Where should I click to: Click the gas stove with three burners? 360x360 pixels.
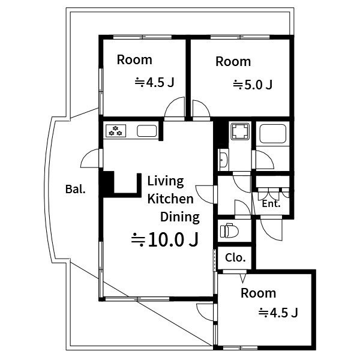coord(116,131)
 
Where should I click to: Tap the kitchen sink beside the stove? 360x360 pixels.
coord(147,131)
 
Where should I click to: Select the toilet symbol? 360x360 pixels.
coord(229,230)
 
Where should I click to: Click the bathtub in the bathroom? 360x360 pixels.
coord(273,134)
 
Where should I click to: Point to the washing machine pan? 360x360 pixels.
coord(240,131)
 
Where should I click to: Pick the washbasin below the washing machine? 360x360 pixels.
coord(223,160)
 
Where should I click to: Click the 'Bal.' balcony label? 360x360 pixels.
coord(76,189)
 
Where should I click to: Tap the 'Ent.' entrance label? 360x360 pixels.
coord(271,203)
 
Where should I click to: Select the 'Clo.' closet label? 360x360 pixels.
coord(235,257)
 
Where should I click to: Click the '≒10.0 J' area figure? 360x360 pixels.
coord(164,239)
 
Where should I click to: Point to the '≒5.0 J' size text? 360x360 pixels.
coord(253,85)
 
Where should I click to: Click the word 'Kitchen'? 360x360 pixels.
coord(170,199)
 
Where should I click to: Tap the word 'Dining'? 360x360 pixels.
coord(180,217)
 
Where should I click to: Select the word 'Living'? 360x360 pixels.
coord(166,181)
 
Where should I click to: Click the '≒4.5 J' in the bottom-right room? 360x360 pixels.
coord(278,313)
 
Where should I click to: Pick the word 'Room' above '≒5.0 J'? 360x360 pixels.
coord(233,62)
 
